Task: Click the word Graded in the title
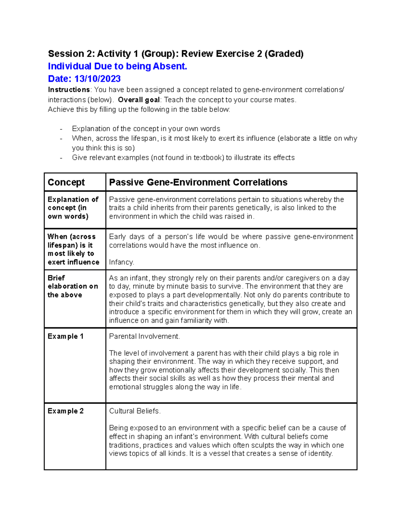point(284,54)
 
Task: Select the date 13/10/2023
point(97,79)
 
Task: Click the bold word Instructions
point(69,90)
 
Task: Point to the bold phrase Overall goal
point(139,100)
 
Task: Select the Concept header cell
point(66,182)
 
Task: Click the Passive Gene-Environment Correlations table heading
point(198,182)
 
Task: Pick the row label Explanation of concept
point(73,208)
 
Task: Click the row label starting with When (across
point(73,249)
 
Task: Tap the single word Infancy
point(121,262)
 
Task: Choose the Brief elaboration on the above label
point(73,286)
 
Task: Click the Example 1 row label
point(65,336)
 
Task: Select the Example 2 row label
point(65,411)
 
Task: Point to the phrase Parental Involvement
point(144,336)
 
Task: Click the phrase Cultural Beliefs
point(135,411)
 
